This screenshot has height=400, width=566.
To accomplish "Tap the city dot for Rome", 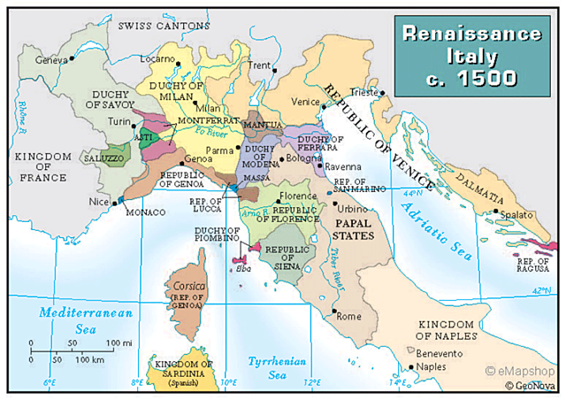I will click(x=333, y=313).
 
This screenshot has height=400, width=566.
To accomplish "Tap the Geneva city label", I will click(x=51, y=59).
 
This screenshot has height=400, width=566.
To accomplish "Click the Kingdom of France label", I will click(x=38, y=167).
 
